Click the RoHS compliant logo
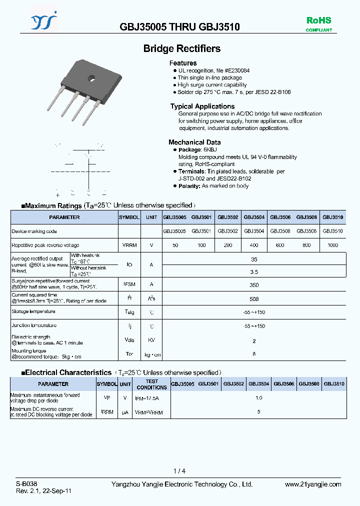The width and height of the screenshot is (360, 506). pyautogui.click(x=318, y=23)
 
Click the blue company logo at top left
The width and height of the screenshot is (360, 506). pyautogui.click(x=44, y=21)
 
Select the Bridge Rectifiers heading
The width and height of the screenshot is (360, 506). pyautogui.click(x=182, y=48)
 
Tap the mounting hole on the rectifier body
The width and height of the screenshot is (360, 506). pyautogui.click(x=92, y=77)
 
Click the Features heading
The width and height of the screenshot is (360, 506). pyautogui.click(x=183, y=63)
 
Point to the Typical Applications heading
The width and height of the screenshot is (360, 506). pyautogui.click(x=202, y=106)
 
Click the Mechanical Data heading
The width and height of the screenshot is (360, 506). pyautogui.click(x=194, y=142)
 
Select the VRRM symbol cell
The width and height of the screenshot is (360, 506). pyautogui.click(x=129, y=245)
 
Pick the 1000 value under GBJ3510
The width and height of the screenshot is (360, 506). pyautogui.click(x=332, y=245)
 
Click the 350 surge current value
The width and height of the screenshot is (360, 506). pyautogui.click(x=254, y=285)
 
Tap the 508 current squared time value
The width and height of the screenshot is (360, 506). pyautogui.click(x=254, y=299)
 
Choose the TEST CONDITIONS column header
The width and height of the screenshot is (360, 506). pyautogui.click(x=151, y=384)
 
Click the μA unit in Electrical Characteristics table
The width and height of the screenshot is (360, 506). pyautogui.click(x=125, y=412)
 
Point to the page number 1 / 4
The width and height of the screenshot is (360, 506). pyautogui.click(x=179, y=471)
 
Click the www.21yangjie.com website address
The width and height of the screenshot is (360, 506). pyautogui.click(x=312, y=484)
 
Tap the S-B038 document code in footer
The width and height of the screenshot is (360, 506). pyautogui.click(x=26, y=484)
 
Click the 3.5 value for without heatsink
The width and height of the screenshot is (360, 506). pyautogui.click(x=254, y=271)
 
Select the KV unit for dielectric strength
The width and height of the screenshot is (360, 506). pyautogui.click(x=151, y=340)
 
